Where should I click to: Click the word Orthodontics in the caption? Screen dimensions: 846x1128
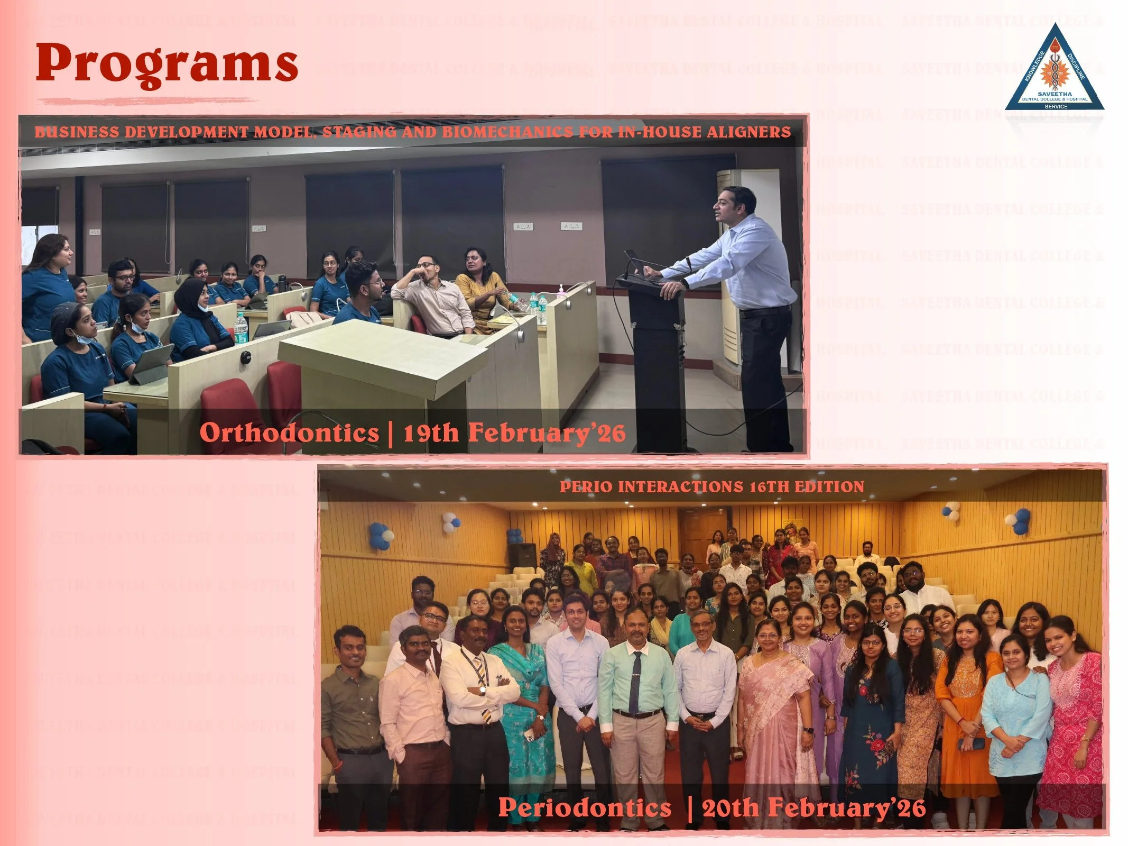289,433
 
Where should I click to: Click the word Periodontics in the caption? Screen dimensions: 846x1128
585,807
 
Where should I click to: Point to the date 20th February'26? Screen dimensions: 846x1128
813,807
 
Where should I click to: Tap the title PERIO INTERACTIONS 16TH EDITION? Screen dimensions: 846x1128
711,486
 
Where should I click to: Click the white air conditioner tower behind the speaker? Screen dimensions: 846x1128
737,264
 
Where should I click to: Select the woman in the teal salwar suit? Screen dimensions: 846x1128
521,698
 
